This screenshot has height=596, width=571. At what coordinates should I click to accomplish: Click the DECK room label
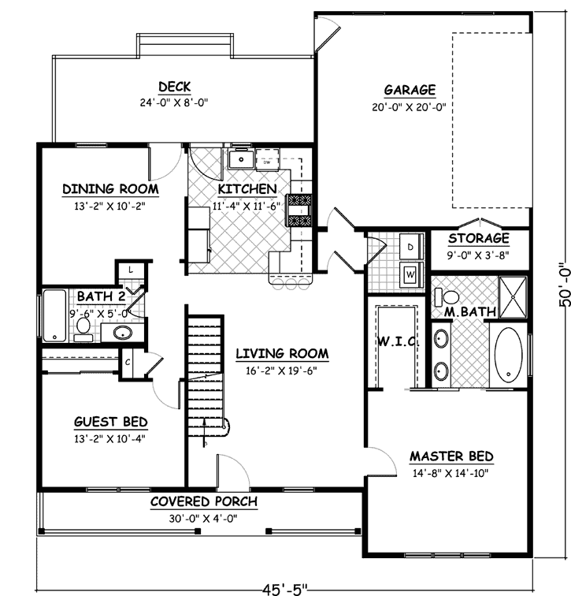176,87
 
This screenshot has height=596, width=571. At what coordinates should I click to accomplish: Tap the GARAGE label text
409,90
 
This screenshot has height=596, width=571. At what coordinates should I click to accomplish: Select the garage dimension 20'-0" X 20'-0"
409,107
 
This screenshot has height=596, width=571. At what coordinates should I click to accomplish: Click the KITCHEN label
247,189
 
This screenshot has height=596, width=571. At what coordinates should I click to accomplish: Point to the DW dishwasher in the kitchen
267,162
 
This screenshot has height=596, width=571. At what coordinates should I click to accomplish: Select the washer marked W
411,274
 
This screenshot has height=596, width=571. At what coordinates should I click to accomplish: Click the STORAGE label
478,239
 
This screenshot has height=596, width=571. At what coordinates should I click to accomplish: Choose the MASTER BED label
450,456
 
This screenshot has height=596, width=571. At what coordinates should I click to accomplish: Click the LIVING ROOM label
282,353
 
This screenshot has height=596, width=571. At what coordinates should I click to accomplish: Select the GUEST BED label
111,422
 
